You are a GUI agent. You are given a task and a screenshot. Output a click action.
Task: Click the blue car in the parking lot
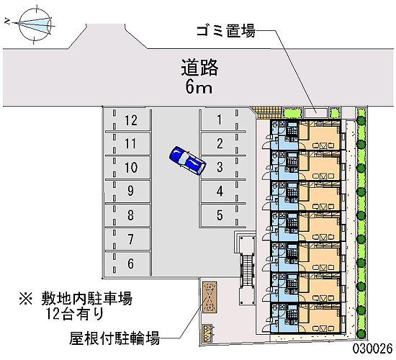click(x=187, y=160)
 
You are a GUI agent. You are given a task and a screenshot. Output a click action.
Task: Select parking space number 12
click(x=131, y=120)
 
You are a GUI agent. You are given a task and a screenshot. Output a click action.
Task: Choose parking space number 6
click(x=130, y=264)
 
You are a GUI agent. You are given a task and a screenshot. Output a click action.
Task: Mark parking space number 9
click(x=130, y=191)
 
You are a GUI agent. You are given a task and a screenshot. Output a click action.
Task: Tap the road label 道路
click(x=199, y=68)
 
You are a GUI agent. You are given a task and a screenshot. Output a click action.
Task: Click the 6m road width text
click(x=199, y=87)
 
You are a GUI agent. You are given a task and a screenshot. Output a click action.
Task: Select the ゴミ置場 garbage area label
click(x=226, y=31)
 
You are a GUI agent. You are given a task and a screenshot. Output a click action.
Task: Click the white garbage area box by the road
click(x=315, y=112)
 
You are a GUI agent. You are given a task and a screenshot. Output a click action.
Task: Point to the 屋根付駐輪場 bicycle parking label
click(x=114, y=338)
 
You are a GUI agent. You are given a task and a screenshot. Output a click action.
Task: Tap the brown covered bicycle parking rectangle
click(x=210, y=297)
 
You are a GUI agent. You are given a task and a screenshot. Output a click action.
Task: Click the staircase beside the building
click(x=247, y=270)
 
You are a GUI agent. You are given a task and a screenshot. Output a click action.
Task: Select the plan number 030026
click(x=372, y=348)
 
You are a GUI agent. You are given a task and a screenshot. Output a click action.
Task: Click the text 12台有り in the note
click(x=75, y=314)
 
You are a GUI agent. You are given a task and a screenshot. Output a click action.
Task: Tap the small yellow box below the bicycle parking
click(x=208, y=331)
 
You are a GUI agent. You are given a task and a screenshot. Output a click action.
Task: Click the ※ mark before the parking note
click(x=26, y=299)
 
